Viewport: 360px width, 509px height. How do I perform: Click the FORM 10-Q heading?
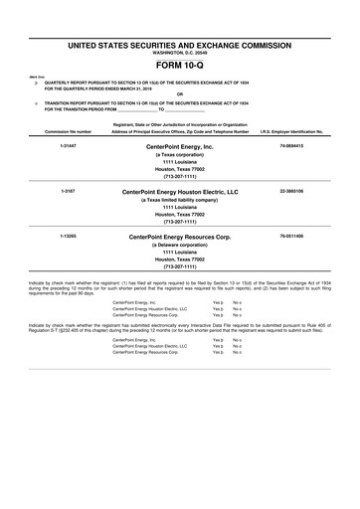point(180,62)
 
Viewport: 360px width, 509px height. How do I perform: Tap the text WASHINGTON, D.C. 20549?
point(180,52)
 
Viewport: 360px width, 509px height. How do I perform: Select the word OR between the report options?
point(180,95)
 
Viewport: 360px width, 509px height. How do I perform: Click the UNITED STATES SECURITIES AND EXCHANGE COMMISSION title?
point(180,45)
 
